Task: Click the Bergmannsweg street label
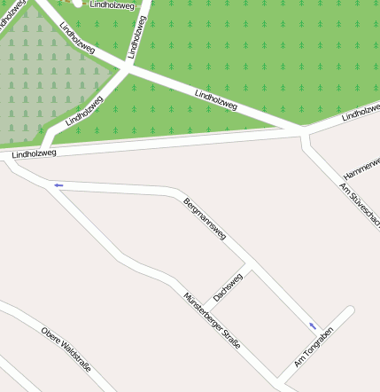[x=205, y=219]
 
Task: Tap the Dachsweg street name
[x=228, y=286]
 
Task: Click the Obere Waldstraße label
[x=66, y=348]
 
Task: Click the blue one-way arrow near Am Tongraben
[x=312, y=326]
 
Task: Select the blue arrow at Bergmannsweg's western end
[x=58, y=185]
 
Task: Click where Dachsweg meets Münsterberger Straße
[x=206, y=305]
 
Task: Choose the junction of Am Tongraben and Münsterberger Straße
[x=282, y=379]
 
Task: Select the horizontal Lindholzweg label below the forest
[x=35, y=153]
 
